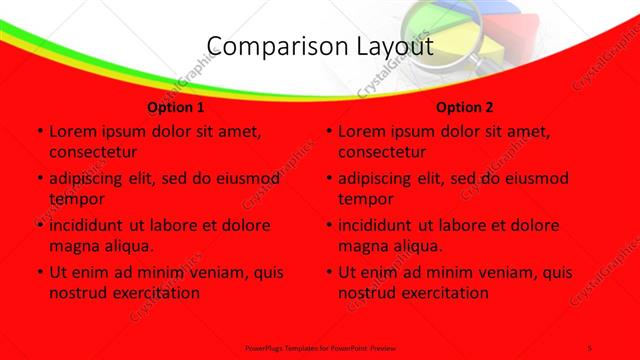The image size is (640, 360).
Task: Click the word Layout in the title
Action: click(396, 48)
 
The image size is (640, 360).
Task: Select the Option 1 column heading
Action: click(176, 107)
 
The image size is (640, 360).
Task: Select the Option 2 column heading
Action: click(465, 107)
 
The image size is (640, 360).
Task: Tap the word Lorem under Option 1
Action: click(72, 131)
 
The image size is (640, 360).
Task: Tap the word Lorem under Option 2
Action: click(361, 131)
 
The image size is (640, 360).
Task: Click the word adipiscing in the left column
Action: click(91, 178)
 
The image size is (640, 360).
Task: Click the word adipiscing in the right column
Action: click(380, 178)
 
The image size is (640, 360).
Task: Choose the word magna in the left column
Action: click(73, 245)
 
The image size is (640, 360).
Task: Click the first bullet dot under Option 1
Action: click(38, 132)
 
